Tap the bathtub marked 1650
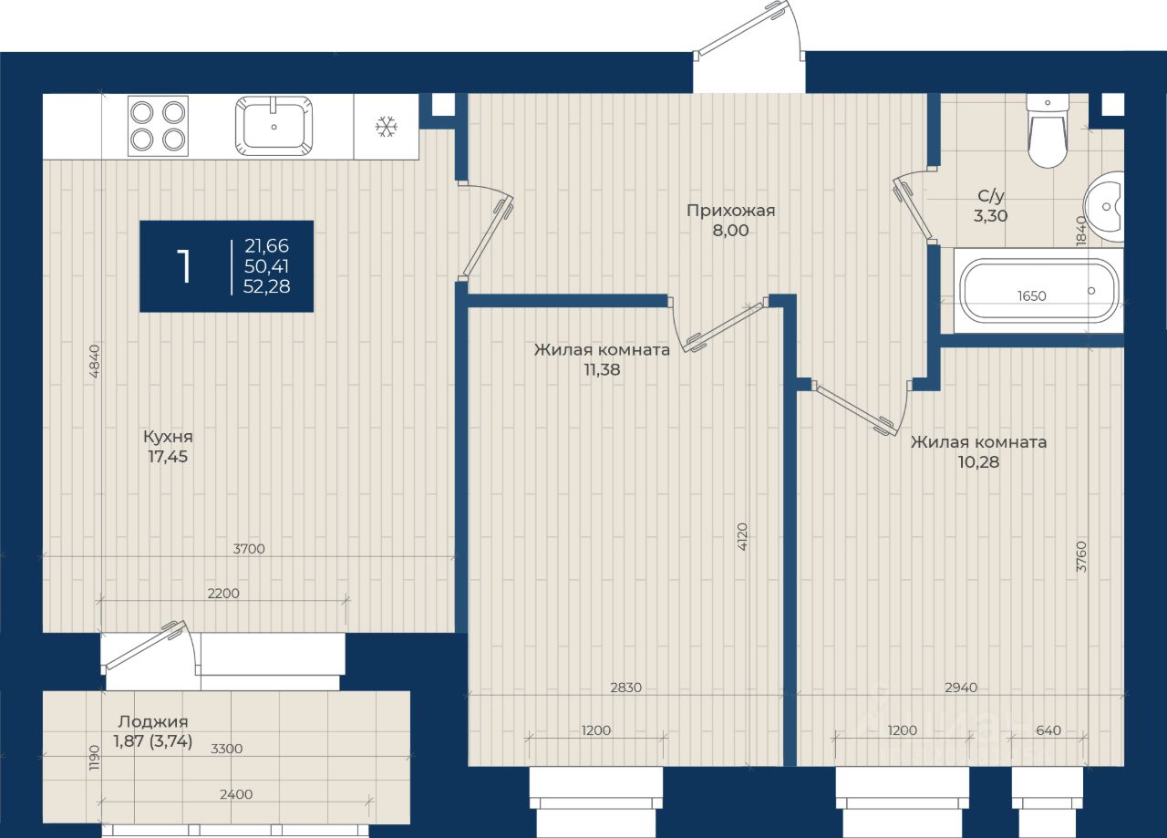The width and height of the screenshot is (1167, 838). pos(1038,291)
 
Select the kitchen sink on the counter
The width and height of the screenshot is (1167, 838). pos(274,126)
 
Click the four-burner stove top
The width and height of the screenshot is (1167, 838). pos(158,126)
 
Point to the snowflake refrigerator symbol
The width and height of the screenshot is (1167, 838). pos(386,127)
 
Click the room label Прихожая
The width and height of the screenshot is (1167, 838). pos(730,211)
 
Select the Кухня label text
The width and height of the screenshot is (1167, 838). pos(168,437)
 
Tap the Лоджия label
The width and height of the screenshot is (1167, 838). pos(152,722)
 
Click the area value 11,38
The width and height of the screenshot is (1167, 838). pos(602,369)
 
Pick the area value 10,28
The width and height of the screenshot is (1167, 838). pos(978,462)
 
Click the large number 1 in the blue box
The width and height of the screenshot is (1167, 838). pos(183,265)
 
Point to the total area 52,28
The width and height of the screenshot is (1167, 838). pos(266,286)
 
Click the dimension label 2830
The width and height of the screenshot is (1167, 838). pos(625,688)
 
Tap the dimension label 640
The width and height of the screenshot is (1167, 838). pos(1048,730)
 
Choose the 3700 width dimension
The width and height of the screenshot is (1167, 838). pos(249,549)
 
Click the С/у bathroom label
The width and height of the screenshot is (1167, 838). pos(990,196)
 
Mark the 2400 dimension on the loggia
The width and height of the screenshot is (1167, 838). pos(236,794)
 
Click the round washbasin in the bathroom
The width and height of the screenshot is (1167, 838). pos(1104,206)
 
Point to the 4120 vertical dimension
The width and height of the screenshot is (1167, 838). pos(742,537)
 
